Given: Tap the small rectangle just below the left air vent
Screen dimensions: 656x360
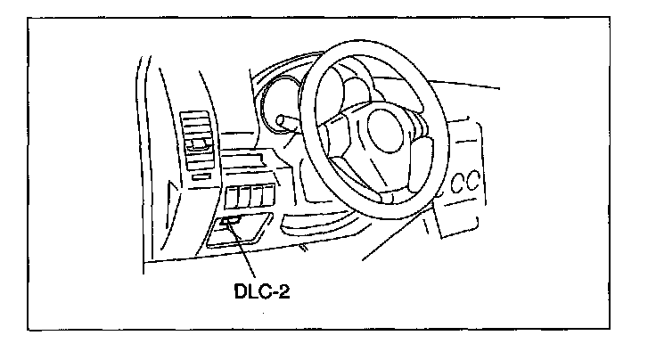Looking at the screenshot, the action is [201, 176].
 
